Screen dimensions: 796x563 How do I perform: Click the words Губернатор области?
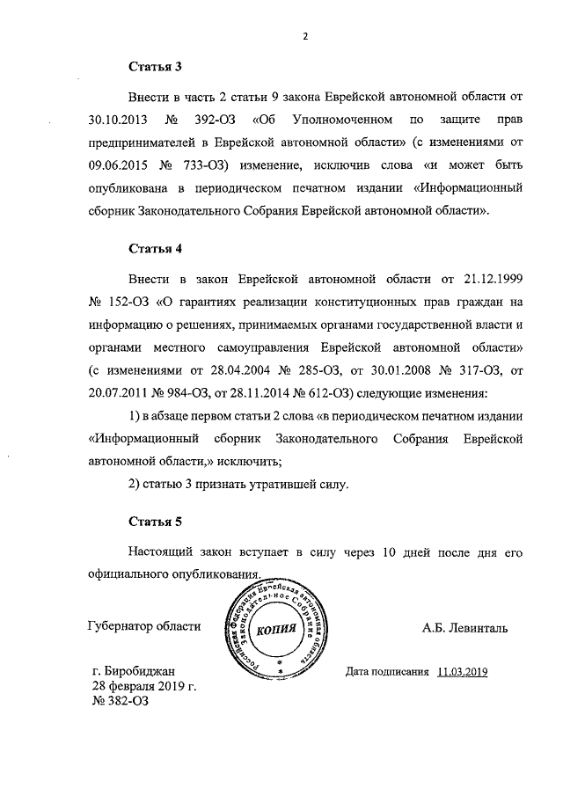click(x=144, y=627)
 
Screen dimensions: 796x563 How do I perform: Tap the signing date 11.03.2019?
click(x=461, y=671)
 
